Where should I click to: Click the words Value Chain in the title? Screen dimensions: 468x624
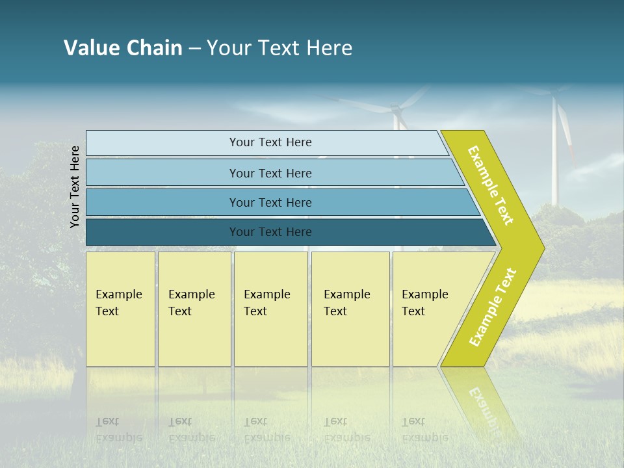pos(123,48)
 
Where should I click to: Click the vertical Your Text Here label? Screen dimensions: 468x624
pos(75,187)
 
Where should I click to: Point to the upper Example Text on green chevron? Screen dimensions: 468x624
pos(491,185)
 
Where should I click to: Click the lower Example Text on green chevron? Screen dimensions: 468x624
pos(493,307)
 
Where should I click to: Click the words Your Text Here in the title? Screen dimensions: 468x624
pos(279,48)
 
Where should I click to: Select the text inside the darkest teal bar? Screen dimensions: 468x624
pos(270,232)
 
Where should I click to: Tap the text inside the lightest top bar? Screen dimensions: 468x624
pos(270,142)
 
